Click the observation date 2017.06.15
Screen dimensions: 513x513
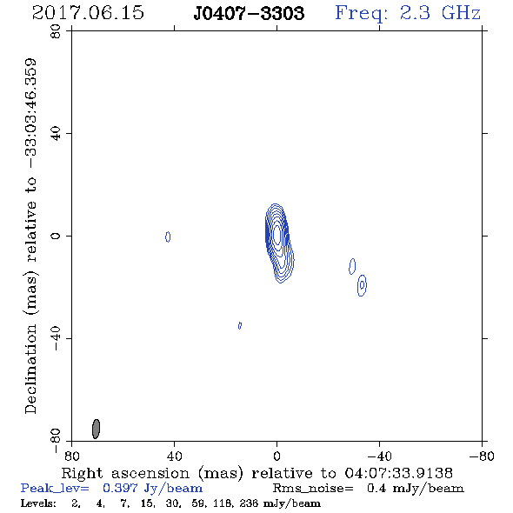click(88, 13)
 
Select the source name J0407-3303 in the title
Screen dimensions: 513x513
click(249, 13)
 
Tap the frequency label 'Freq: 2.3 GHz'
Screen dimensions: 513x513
click(408, 13)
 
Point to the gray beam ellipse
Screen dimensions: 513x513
click(96, 429)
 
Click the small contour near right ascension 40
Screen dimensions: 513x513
click(168, 237)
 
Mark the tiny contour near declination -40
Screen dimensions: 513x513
click(240, 325)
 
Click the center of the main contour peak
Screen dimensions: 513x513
click(276, 234)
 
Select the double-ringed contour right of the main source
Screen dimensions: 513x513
click(362, 285)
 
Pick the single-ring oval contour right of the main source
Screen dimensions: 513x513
click(352, 266)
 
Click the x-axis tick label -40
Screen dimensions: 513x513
click(379, 456)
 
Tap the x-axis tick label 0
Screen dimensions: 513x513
click(276, 456)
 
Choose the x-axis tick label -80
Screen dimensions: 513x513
click(482, 456)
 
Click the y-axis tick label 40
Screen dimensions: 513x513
click(56, 134)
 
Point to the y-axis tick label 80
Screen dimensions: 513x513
click(56, 31)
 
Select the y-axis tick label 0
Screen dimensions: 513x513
click(56, 236)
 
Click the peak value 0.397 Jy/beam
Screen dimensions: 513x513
click(152, 489)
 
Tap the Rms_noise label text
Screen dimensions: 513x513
click(313, 489)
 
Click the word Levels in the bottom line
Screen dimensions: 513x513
click(38, 503)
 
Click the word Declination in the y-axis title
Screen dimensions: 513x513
click(30, 369)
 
